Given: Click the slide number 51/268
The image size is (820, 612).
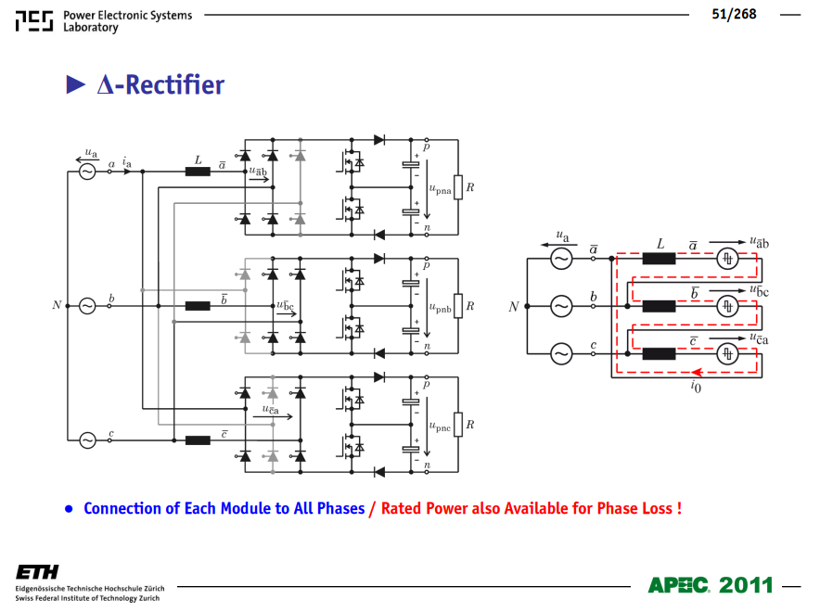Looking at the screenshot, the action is click(x=734, y=14).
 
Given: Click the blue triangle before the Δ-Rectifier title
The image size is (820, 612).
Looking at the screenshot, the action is click(x=75, y=84).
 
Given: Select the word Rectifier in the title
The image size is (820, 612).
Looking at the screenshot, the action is click(x=174, y=84).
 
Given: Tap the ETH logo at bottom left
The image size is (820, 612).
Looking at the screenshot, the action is click(x=37, y=572).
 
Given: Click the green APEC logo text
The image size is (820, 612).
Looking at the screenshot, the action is click(x=679, y=585).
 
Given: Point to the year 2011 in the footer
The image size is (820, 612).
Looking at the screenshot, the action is click(x=746, y=585).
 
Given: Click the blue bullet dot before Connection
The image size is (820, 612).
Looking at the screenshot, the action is click(x=69, y=508).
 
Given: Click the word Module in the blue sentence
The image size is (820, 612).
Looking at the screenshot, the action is click(x=245, y=508).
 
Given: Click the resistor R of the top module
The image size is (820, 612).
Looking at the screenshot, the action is click(x=458, y=187).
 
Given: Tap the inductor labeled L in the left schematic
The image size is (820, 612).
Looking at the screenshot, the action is click(x=198, y=172).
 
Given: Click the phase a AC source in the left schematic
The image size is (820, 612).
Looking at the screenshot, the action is click(x=87, y=172).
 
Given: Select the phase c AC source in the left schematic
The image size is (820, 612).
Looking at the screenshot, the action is click(x=87, y=440).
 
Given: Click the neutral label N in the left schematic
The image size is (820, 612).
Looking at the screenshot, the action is click(x=57, y=305).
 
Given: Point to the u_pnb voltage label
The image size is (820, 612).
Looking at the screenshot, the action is click(x=440, y=309).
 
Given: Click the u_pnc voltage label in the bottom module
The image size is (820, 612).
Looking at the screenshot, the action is click(x=440, y=427).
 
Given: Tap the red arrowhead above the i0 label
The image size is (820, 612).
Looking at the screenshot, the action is click(x=697, y=372).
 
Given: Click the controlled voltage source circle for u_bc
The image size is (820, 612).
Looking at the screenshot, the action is click(x=727, y=306).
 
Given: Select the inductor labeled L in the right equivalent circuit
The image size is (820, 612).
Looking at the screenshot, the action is click(x=659, y=258).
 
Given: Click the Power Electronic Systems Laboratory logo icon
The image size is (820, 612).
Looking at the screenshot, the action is click(x=34, y=21).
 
